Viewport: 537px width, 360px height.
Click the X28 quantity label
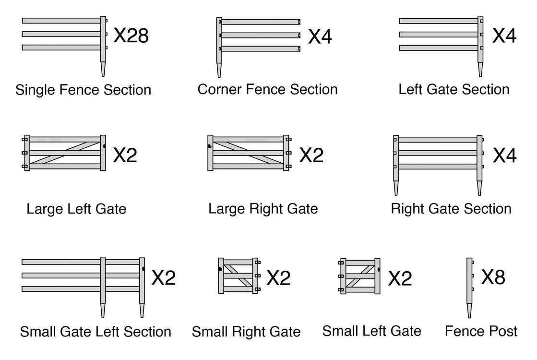[x=131, y=36]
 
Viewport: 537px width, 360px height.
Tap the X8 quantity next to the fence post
[x=493, y=277]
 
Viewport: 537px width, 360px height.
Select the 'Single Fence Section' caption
[x=83, y=90]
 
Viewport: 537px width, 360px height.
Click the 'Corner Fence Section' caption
[x=267, y=89]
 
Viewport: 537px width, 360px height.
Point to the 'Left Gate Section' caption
[x=454, y=89]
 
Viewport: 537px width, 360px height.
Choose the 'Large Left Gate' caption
[x=76, y=209]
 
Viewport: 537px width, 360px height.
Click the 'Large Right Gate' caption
[x=263, y=209]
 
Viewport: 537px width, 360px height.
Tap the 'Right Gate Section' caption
[x=451, y=209]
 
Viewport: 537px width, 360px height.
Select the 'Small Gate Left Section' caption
[x=95, y=332]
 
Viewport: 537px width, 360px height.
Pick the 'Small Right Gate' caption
[x=246, y=332]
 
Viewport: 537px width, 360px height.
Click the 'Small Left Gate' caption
[x=372, y=331]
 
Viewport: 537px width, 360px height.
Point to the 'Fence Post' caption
[x=481, y=331]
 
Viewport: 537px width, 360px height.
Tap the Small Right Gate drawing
[x=238, y=276]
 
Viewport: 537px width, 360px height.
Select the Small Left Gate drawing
[x=360, y=276]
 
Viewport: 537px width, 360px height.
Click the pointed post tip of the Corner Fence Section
[x=219, y=71]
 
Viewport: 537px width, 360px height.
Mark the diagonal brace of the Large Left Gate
[x=65, y=153]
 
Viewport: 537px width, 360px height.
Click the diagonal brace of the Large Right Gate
[x=248, y=153]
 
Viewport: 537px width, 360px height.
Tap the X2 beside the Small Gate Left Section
[x=164, y=278]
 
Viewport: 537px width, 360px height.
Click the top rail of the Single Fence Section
[x=61, y=21]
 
